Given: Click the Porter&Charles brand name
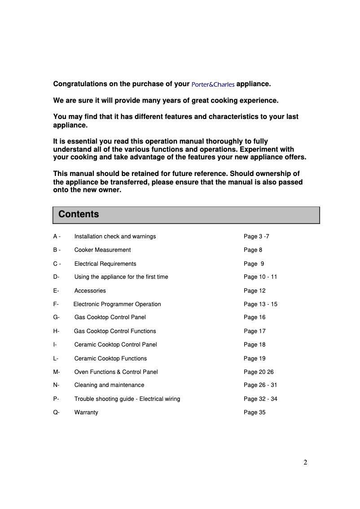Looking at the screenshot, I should click(x=213, y=84).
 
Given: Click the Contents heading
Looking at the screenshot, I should click(x=79, y=215).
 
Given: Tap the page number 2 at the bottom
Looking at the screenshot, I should click(x=305, y=463).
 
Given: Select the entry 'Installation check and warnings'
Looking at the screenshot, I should click(x=115, y=237).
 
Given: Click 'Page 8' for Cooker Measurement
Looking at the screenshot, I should click(x=253, y=250).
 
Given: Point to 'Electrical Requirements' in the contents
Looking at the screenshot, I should click(x=105, y=264).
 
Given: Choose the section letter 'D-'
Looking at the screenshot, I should click(x=56, y=277).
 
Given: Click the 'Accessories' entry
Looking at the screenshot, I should click(x=90, y=291).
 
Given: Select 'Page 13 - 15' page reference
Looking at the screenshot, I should click(x=260, y=304).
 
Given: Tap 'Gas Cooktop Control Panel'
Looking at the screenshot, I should click(x=110, y=317).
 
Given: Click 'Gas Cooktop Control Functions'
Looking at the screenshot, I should click(x=115, y=331).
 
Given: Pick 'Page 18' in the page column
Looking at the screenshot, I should click(x=255, y=345).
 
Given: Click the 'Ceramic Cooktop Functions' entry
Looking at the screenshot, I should click(x=110, y=359).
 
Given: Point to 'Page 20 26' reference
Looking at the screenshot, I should click(x=259, y=372).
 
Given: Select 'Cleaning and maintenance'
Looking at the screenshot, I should click(x=109, y=385).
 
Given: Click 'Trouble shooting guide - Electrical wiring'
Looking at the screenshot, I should click(x=127, y=399).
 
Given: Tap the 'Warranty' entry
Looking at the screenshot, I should click(x=86, y=412).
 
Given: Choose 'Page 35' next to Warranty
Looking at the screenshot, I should click(x=255, y=412).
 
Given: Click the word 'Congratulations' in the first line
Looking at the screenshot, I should click(x=80, y=84).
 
